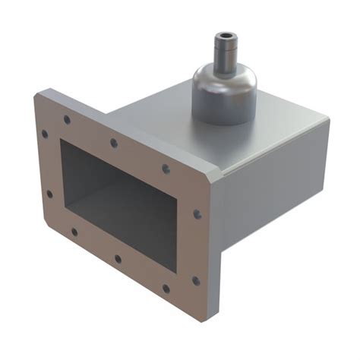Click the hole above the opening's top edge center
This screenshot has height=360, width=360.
tap(114, 143)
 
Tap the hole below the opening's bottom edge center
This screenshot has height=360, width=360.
tap(118, 259)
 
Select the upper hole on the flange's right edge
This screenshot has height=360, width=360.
tap(197, 215)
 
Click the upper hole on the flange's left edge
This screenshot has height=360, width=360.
tap(45, 134)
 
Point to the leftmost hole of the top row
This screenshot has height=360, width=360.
tap(67, 119)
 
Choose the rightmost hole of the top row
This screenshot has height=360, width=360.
tap(166, 169)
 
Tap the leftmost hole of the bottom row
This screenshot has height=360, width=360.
tap(74, 232)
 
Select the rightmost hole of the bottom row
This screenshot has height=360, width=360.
tap(166, 288)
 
